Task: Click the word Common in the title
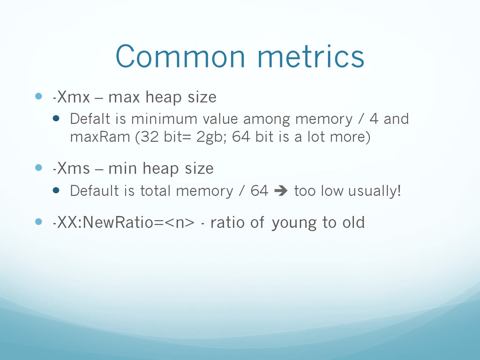coord(180,56)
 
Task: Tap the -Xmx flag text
coord(71,97)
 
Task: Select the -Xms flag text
coord(71,168)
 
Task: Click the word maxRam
coord(100,136)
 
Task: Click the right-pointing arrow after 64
coord(281,191)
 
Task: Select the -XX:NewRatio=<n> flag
coord(124,222)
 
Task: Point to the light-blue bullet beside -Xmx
coord(38,96)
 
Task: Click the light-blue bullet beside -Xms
coord(38,167)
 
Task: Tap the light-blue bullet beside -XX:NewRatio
coord(38,221)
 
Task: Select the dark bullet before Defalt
coord(56,118)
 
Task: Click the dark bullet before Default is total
coord(56,190)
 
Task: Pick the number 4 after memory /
coord(374,119)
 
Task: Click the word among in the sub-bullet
coord(267,120)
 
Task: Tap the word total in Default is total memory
coord(155,191)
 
